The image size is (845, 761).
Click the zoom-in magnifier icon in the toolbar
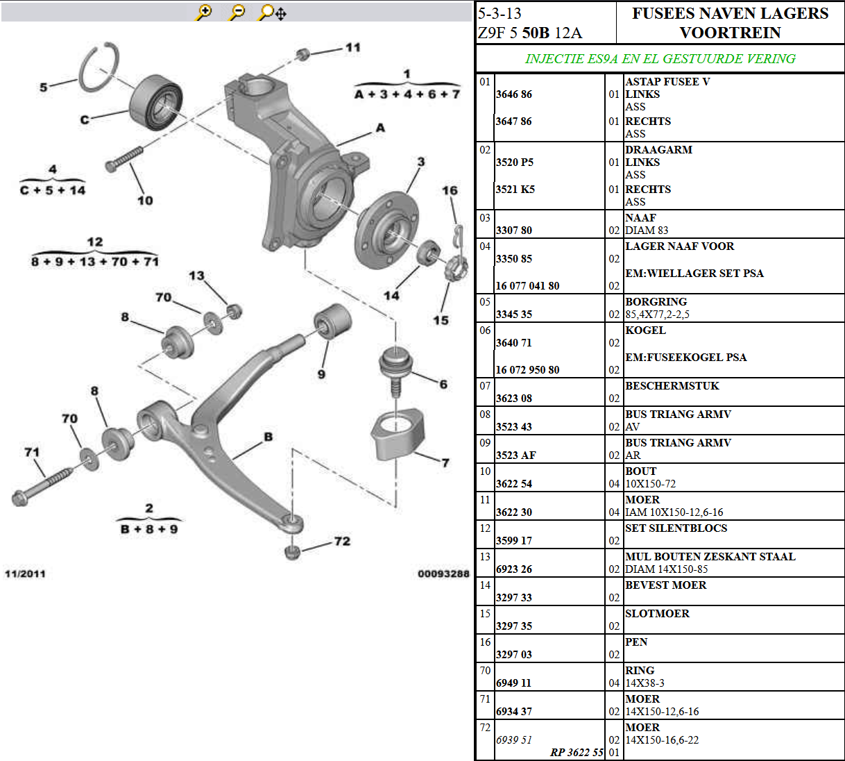pyautogui.click(x=204, y=12)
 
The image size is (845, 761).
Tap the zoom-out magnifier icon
pyautogui.click(x=237, y=12)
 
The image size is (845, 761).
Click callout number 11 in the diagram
pyautogui.click(x=353, y=47)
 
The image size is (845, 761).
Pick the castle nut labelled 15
pyautogui.click(x=454, y=267)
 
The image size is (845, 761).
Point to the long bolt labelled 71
pyautogui.click(x=43, y=485)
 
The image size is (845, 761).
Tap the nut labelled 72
pyautogui.click(x=293, y=552)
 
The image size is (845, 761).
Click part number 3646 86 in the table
pyautogui.click(x=513, y=94)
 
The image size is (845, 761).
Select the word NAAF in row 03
pyautogui.click(x=640, y=218)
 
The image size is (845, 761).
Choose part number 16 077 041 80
pyautogui.click(x=527, y=286)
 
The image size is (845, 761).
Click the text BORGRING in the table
pyautogui.click(x=656, y=302)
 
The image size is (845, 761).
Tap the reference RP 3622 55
pyautogui.click(x=577, y=753)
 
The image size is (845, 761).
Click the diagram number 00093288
pyautogui.click(x=443, y=574)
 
